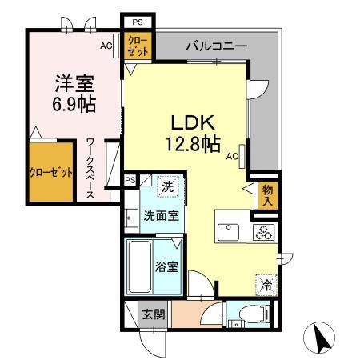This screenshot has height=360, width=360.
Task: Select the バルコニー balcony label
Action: point(217,46)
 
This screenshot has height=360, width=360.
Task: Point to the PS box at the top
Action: point(137,22)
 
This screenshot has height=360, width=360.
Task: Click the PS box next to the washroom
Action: point(130,180)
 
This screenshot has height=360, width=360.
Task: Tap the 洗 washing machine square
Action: point(167,186)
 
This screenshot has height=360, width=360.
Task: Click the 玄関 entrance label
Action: point(153,314)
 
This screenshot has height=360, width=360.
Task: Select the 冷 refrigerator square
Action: point(265,283)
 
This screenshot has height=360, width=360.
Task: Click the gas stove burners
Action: point(262,232)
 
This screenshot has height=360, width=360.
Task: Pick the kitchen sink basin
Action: point(229,232)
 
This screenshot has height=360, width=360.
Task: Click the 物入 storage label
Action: point(269,194)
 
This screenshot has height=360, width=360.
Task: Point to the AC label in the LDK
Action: point(231,156)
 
